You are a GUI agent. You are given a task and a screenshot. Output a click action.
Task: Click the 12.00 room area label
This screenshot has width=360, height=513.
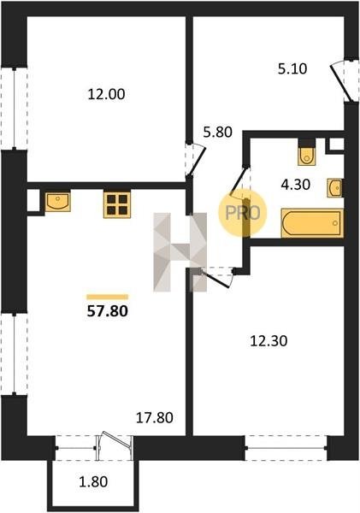(x=106, y=95)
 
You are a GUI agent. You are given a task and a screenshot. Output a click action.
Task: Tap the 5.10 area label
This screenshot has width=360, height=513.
(x=292, y=69)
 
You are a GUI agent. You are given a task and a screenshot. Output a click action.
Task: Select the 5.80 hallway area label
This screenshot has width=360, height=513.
(x=218, y=133)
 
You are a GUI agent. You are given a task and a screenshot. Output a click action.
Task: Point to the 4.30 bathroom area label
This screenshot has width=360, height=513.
(x=296, y=185)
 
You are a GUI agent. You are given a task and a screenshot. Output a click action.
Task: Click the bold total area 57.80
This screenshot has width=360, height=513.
(x=108, y=311)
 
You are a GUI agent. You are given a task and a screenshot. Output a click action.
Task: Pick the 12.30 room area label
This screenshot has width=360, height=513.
(x=269, y=341)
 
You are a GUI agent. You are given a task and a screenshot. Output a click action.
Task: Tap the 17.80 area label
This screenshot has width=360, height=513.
(x=155, y=418)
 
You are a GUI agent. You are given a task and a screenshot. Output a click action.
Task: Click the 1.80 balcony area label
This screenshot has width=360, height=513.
(x=93, y=482)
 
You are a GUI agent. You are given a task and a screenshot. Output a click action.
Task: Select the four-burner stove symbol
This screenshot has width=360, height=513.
(x=117, y=205)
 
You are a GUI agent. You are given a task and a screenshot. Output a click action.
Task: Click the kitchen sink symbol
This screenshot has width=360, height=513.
(x=57, y=202)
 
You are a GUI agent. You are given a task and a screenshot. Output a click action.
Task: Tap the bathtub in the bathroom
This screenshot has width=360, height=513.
(x=312, y=223)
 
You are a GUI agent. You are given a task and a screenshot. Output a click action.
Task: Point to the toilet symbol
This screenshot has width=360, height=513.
(x=307, y=156)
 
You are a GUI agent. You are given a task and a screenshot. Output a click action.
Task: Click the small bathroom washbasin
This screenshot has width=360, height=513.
(x=334, y=188)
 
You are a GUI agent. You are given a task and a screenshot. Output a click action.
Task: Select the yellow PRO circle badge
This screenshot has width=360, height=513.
(x=243, y=213)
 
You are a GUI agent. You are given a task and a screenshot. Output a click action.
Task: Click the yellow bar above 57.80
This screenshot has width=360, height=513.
(x=108, y=297)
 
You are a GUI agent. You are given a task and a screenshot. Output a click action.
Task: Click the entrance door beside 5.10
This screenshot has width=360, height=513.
(x=340, y=82)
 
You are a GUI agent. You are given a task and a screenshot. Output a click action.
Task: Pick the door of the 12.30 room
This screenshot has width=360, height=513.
(x=214, y=277)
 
